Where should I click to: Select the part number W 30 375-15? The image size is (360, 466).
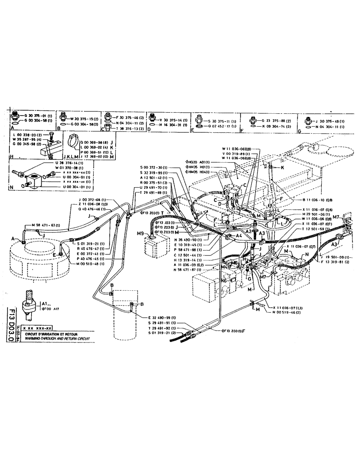pos(84,118)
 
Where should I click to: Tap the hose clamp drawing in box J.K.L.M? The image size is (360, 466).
pos(70,138)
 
